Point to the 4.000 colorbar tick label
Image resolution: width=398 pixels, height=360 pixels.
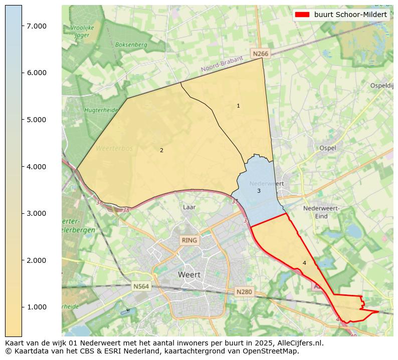coord(37,167)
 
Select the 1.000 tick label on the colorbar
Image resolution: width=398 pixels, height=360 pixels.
coord(37,307)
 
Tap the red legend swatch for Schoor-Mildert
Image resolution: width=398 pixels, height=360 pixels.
coord(302,15)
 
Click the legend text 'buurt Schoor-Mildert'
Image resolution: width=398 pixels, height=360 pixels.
coord(350,15)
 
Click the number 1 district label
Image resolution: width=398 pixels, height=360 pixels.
coord(238,106)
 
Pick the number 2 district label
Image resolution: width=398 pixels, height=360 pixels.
coord(161,150)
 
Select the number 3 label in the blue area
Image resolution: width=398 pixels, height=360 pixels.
coord(259,191)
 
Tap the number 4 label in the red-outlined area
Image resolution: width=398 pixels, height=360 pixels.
coord(304,263)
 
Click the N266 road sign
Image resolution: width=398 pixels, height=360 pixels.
coord(261,54)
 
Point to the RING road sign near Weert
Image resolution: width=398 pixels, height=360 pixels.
coord(190,240)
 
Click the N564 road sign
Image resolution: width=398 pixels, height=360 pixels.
coord(141,286)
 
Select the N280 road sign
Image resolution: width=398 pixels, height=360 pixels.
coord(244,291)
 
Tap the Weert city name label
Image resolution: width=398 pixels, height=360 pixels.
coord(189,275)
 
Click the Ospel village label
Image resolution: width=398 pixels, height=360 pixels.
coord(327,148)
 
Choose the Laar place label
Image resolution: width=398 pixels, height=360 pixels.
coord(189,207)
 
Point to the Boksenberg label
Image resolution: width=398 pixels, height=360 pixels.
coord(131,45)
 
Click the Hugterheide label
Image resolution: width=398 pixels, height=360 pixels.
coord(101,110)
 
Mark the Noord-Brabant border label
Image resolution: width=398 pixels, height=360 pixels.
coord(222,64)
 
